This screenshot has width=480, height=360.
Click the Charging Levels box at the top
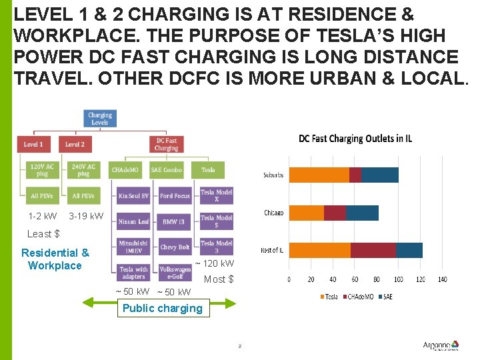[x=100, y=119]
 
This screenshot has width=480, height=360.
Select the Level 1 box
[x=33, y=144]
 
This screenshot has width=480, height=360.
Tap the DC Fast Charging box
[x=166, y=144]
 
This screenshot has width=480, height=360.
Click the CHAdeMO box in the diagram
[x=125, y=170]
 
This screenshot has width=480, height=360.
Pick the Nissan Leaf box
[x=134, y=221]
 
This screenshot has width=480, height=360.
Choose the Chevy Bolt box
[x=175, y=247]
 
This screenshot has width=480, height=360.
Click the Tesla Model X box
[x=217, y=196]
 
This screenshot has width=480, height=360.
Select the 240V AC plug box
[x=83, y=170]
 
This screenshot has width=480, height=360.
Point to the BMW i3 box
[x=175, y=221]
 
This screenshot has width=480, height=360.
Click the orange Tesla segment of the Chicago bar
[x=306, y=213]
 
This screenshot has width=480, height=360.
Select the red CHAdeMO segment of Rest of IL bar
[x=373, y=250]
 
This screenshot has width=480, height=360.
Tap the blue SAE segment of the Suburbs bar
[x=380, y=175]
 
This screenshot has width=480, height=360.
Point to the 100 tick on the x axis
[x=399, y=279]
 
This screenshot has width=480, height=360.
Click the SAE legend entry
[x=385, y=297]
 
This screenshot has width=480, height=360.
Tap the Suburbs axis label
[x=273, y=175]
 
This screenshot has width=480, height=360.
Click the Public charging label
[x=162, y=308]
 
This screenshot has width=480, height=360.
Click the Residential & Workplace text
[x=55, y=259]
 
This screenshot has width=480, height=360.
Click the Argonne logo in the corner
[x=440, y=345]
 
